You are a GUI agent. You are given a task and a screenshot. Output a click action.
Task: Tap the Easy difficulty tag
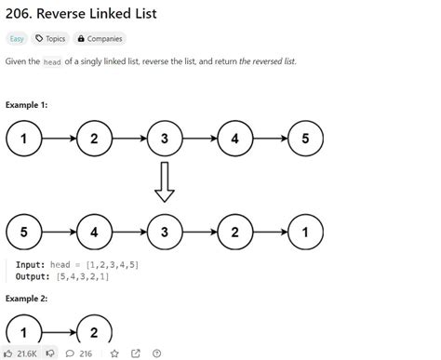(x=17, y=39)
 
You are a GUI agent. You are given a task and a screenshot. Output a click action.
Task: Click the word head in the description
(x=52, y=60)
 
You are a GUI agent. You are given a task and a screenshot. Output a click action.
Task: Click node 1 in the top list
(x=24, y=140)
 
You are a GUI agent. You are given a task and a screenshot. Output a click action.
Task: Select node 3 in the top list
(x=165, y=140)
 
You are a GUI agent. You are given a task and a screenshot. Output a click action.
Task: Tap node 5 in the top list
(x=305, y=140)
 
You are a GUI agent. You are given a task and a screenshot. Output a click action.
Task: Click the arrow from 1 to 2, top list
(x=60, y=140)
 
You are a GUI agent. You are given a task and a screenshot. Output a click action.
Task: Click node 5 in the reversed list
(x=24, y=229)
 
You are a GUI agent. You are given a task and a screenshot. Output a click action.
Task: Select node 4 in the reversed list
(x=95, y=229)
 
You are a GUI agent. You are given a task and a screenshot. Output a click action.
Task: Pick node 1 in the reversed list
(x=305, y=229)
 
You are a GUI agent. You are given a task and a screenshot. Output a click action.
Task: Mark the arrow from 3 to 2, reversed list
(x=200, y=229)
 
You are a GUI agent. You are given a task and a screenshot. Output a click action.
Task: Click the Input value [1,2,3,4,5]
(x=109, y=265)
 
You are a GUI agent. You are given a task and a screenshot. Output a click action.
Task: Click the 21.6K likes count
(x=28, y=353)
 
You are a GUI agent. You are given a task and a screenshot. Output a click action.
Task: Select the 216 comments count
(x=85, y=353)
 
